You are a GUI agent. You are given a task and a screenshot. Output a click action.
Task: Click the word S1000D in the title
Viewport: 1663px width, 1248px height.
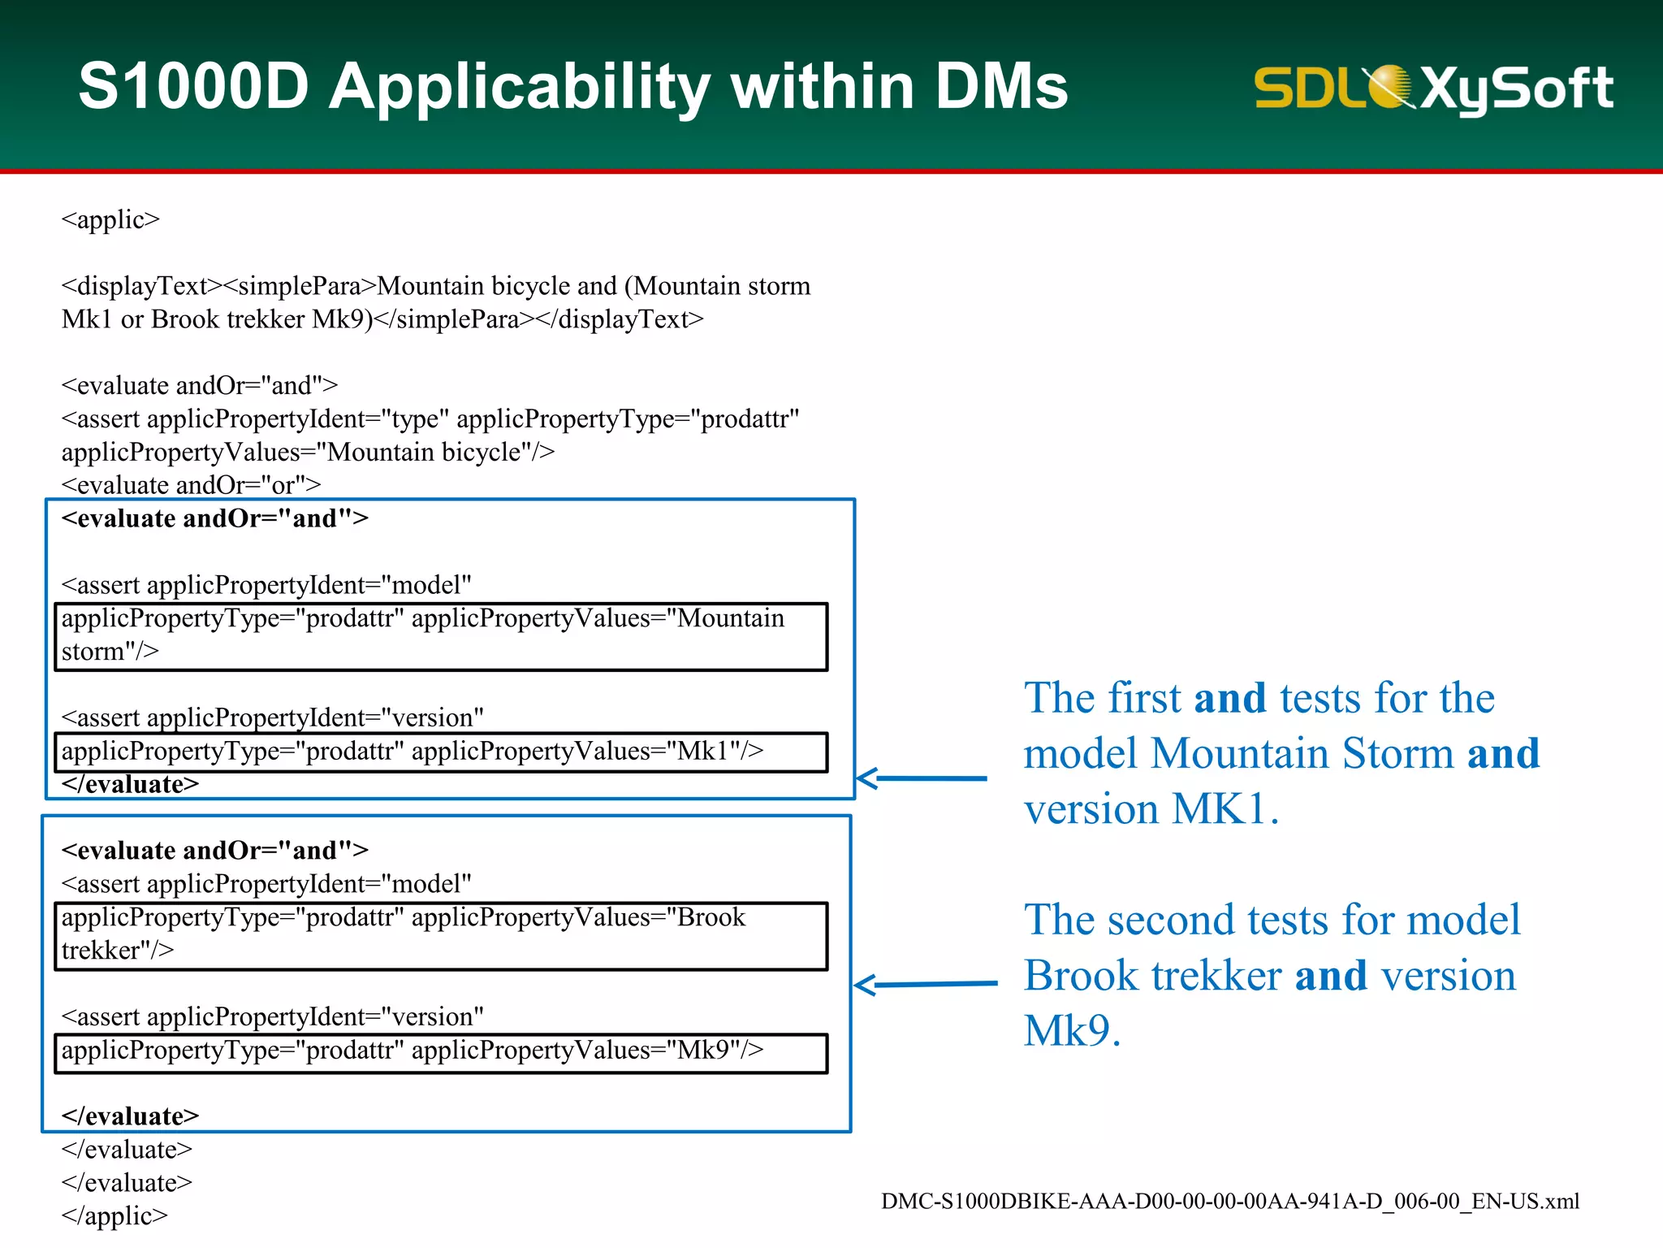[193, 86]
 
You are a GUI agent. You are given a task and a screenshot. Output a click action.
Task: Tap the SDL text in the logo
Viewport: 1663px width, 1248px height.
[1307, 88]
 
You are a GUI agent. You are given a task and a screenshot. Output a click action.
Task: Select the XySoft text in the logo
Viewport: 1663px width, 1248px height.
[1517, 88]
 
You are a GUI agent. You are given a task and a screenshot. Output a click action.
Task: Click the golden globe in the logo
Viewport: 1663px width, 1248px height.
[1390, 86]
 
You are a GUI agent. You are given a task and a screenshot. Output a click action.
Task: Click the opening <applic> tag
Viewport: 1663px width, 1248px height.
[110, 219]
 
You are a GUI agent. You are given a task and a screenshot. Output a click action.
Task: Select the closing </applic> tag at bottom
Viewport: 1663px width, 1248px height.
[114, 1215]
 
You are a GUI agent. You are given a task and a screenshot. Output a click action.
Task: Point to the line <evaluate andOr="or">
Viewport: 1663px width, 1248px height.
[191, 485]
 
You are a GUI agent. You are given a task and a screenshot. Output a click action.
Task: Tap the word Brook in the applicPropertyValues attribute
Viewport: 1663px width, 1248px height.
[711, 917]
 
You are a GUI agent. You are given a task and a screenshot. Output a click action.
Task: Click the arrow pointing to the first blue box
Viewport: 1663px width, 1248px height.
[921, 778]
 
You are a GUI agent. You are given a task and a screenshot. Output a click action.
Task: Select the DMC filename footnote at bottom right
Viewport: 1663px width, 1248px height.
[1229, 1202]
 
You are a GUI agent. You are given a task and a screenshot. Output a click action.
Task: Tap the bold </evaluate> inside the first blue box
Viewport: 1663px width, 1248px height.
[130, 784]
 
